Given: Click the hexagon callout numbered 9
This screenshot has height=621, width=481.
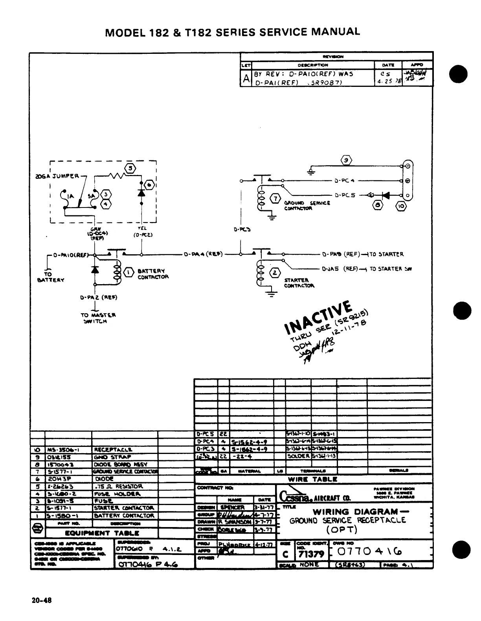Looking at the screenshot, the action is (x=346, y=160).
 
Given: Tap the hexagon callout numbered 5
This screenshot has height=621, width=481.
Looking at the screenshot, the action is (x=130, y=169).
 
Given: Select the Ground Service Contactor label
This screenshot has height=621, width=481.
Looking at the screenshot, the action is (x=307, y=206).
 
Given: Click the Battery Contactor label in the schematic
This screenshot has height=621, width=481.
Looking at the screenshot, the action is (x=153, y=274).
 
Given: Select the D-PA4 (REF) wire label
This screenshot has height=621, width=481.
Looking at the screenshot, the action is (x=204, y=254).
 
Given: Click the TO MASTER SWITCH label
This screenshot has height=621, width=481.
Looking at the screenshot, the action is (x=98, y=318).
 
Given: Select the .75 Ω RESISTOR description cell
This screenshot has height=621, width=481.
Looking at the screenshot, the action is (x=118, y=487).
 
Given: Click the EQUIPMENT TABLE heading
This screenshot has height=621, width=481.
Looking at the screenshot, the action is (x=102, y=533).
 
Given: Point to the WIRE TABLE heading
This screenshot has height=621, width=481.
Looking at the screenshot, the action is (x=312, y=479).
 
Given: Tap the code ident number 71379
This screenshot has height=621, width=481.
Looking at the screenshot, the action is (x=311, y=554).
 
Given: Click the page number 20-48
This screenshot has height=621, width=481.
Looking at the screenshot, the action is (x=41, y=600).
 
